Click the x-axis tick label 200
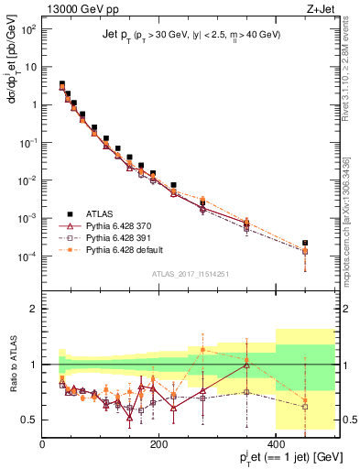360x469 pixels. (x=159, y=444)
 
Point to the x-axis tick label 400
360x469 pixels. (x=276, y=444)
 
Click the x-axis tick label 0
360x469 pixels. (x=43, y=444)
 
